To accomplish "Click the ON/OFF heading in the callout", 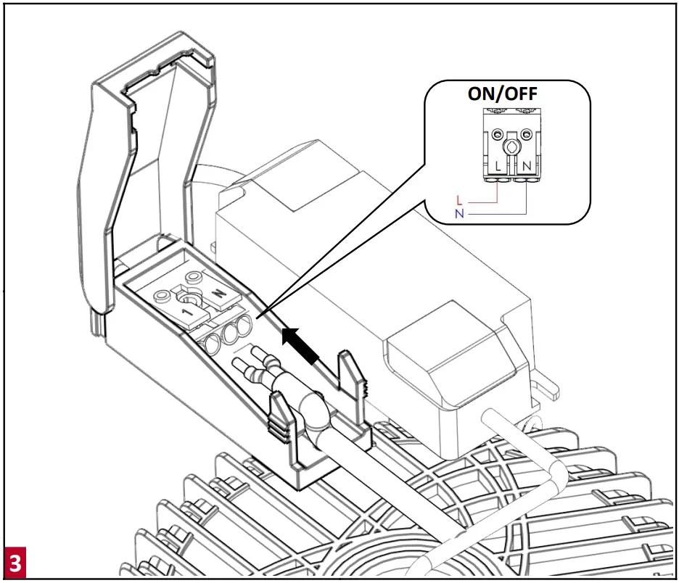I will (507, 95).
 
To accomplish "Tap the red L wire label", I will (458, 199).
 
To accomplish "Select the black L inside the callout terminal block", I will (498, 166).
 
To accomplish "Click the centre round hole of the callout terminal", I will (511, 149).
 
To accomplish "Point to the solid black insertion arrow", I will (301, 345).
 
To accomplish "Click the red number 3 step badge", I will (15, 563).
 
